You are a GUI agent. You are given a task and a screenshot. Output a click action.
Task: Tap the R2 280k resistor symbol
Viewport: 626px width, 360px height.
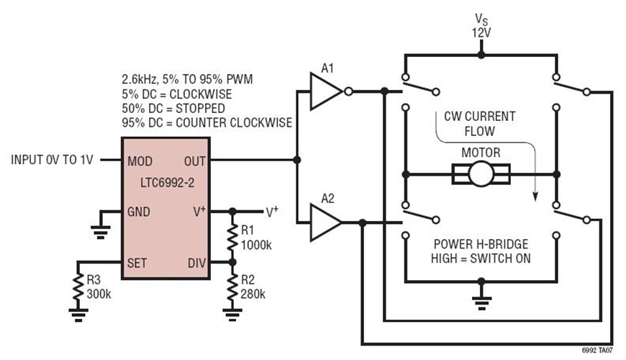(232, 287)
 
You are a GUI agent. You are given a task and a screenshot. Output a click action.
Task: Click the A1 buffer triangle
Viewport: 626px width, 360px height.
(325, 91)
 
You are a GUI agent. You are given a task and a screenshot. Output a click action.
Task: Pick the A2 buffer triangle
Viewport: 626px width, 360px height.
(325, 223)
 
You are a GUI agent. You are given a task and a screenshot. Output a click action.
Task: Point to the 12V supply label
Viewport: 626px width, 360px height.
(481, 32)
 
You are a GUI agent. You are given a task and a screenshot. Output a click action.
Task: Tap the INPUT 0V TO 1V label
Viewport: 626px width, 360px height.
(53, 159)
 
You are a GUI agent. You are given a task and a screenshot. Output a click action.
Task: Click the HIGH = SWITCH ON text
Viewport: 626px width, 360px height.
(481, 257)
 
